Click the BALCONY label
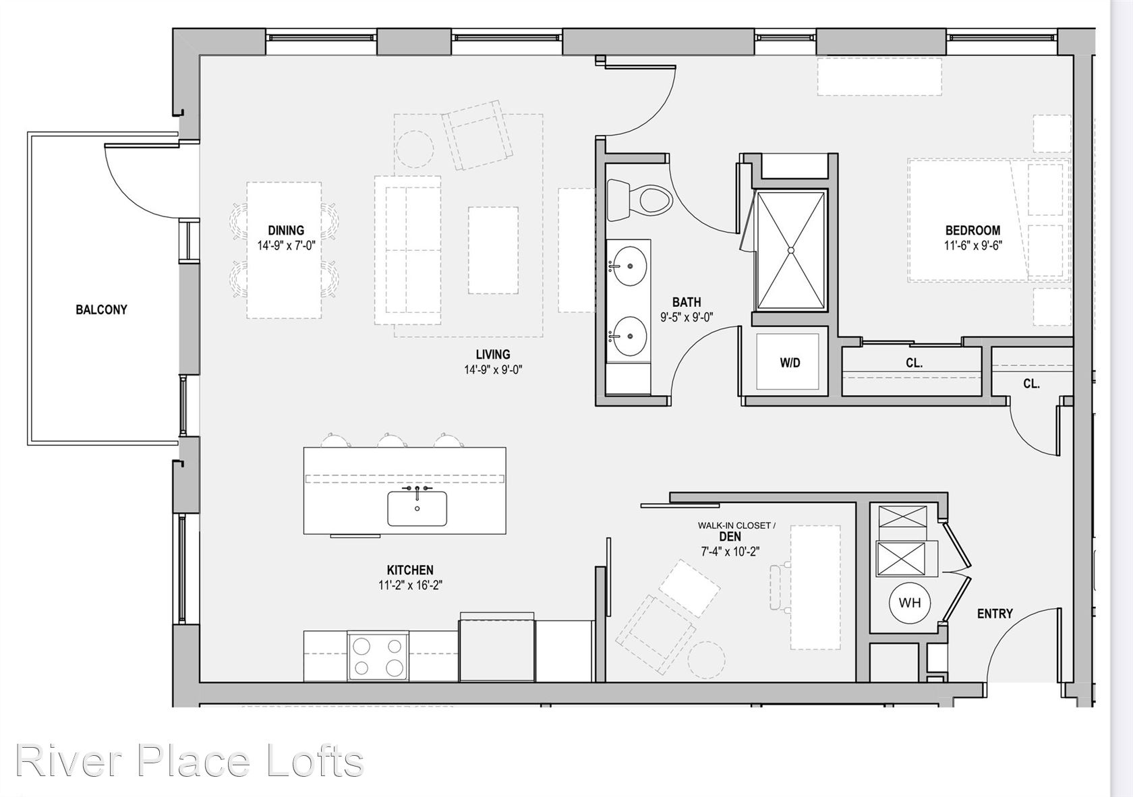click(101, 309)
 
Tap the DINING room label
click(286, 231)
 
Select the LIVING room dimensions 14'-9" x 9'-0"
click(493, 370)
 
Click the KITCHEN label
click(410, 570)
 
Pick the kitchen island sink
click(417, 508)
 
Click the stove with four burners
click(378, 657)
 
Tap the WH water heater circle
click(909, 603)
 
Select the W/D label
click(790, 363)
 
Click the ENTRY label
click(995, 614)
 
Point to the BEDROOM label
click(972, 231)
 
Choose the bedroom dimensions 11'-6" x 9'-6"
click(973, 245)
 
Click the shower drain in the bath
click(791, 249)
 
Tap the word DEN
click(730, 537)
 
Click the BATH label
click(687, 302)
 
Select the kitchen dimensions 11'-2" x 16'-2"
click(411, 585)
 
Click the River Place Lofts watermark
click(190, 761)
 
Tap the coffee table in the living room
click(493, 249)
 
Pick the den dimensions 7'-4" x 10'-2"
click(730, 552)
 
